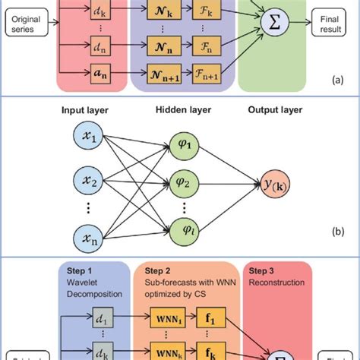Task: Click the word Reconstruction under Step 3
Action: (270, 283)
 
